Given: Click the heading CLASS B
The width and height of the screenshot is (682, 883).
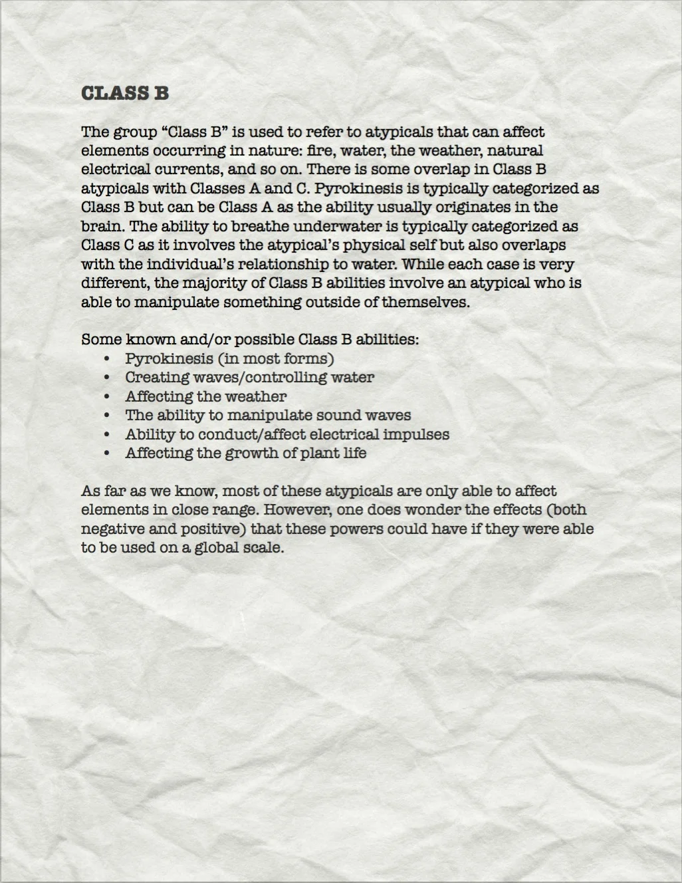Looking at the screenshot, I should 125,93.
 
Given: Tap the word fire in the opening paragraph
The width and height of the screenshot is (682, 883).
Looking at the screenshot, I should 322,151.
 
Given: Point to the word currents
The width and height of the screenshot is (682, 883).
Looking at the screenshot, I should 189,170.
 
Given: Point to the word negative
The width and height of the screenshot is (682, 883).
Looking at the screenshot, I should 110,530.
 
